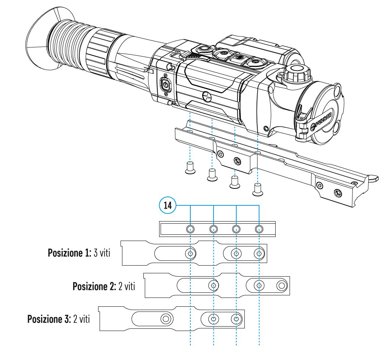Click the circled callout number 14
[x=168, y=205]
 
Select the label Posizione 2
[x=94, y=286]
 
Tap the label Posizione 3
[x=49, y=318]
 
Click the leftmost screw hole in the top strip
[x=190, y=230]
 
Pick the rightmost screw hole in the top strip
[x=259, y=230]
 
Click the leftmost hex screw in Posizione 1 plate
[x=190, y=253]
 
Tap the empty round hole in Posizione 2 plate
[x=282, y=285]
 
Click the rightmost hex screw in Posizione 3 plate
[x=236, y=318]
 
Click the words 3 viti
[x=102, y=253]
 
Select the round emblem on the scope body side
[x=207, y=97]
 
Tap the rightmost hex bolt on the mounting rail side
[x=337, y=192]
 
